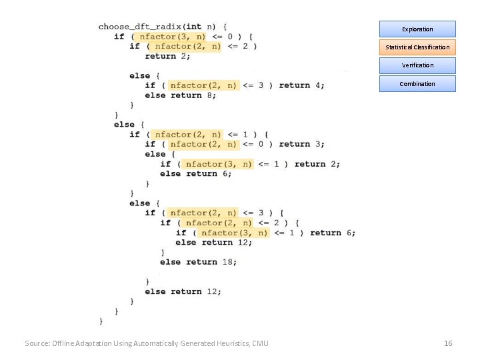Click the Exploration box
[x=417, y=29]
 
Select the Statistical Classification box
[x=417, y=47]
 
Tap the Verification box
[x=417, y=65]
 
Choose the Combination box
[x=417, y=83]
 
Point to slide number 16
[x=448, y=343]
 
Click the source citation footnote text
[x=147, y=343]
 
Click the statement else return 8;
[x=181, y=95]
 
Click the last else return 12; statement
[x=183, y=291]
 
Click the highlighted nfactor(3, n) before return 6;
[x=234, y=233]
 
